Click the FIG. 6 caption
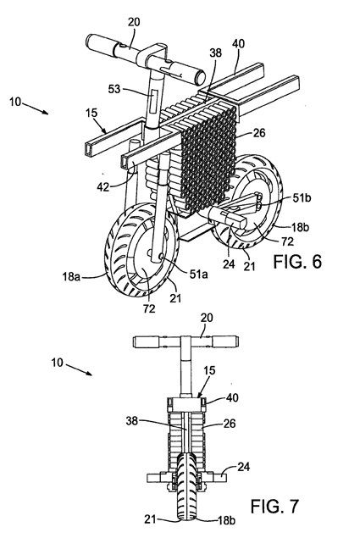pos(297,262)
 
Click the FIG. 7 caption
pos(274,506)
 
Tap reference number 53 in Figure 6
pos(114,89)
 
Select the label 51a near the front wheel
pos(199,274)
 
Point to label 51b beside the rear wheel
pos(302,198)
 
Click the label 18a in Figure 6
pos(71,276)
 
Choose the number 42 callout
pos(103,187)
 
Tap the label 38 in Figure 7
pos(131,420)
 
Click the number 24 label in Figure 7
pos(243,467)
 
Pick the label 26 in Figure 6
pos(259,133)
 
